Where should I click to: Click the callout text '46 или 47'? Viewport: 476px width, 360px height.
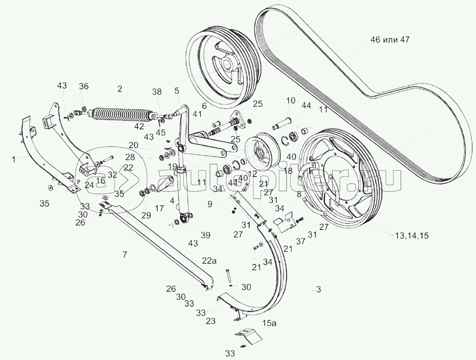pyautogui.click(x=390, y=40)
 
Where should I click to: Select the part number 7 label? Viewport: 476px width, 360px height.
pyautogui.click(x=125, y=255)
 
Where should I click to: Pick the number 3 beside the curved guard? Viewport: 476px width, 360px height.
pyautogui.click(x=319, y=290)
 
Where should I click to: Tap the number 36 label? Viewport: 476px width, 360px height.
pyautogui.click(x=83, y=86)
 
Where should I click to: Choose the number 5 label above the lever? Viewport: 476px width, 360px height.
pyautogui.click(x=177, y=91)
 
